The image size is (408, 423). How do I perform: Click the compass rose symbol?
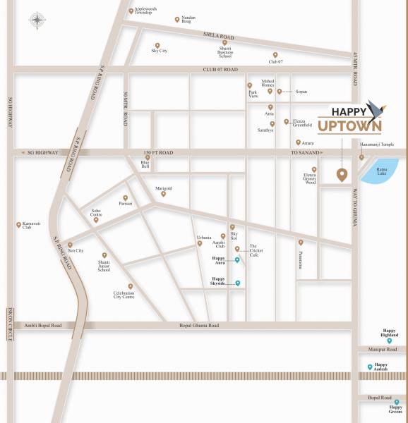coord(37,20)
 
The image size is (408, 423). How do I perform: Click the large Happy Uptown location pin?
coord(342,175)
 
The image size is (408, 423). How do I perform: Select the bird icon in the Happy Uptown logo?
coord(374,109)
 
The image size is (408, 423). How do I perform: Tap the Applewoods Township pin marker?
coord(131,11)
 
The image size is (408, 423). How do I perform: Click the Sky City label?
coord(159,51)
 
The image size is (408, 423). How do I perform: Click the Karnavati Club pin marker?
coord(19,225)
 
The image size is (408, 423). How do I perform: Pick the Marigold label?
coord(163,188)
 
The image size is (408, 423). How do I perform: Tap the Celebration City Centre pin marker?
coord(131,286)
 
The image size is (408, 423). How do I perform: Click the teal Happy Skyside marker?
coord(238,283)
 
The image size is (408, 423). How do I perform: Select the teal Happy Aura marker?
coord(237,260)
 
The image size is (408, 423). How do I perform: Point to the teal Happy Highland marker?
coord(389,341)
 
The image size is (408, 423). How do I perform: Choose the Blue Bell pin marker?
coord(148,158)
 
